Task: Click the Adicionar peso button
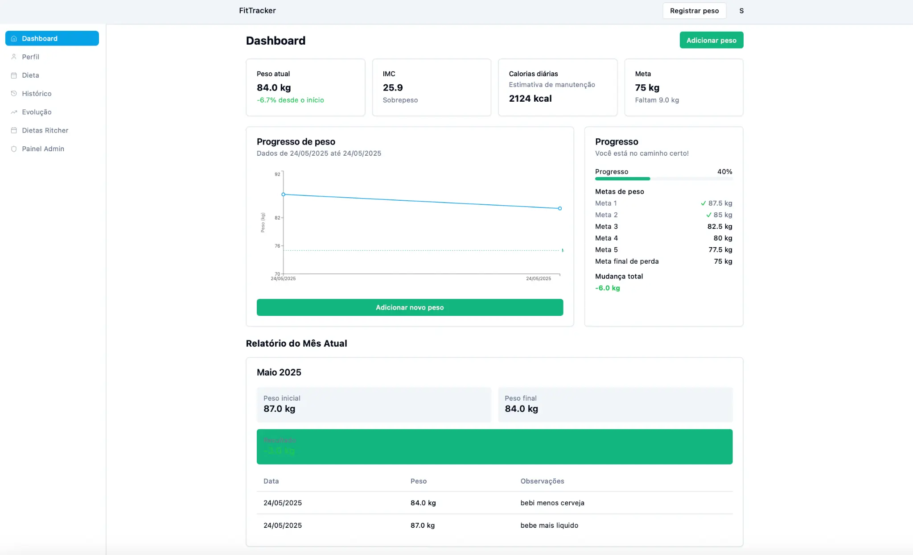tap(711, 40)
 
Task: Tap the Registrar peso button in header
tap(694, 11)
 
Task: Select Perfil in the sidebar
tap(30, 57)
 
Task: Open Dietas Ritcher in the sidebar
tap(45, 130)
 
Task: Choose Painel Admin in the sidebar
tap(43, 149)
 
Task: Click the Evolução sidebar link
tap(37, 112)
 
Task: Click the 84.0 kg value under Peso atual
tap(274, 87)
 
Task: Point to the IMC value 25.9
tap(393, 87)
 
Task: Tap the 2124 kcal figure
tap(530, 98)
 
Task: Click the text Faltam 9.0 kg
tap(657, 100)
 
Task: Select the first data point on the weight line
tap(283, 195)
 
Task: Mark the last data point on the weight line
tap(560, 208)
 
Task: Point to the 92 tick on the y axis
tap(277, 174)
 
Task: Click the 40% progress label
tap(724, 171)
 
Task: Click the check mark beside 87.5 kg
tap(703, 203)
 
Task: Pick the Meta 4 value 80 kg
tap(722, 238)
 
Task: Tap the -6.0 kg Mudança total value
tap(607, 288)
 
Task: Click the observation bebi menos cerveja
tap(552, 503)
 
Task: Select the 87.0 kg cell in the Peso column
tap(422, 525)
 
